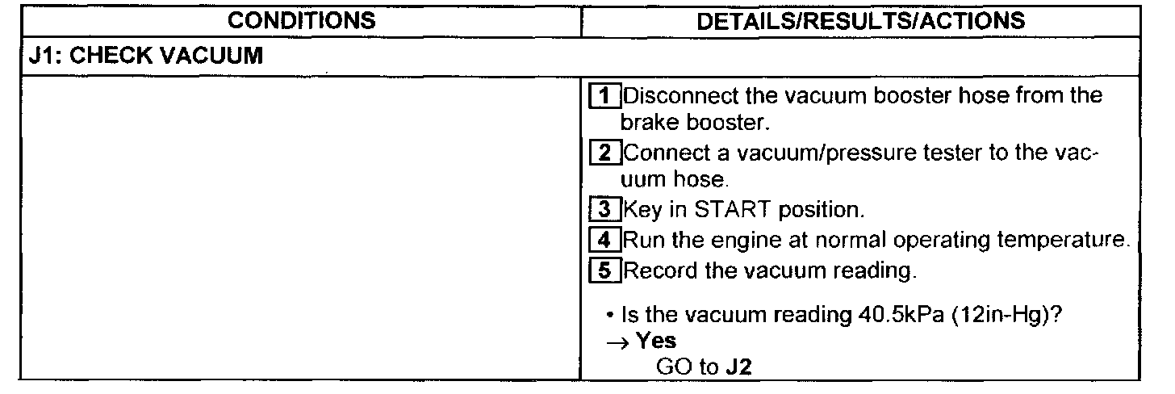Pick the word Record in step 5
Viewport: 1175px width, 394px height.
(x=660, y=270)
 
